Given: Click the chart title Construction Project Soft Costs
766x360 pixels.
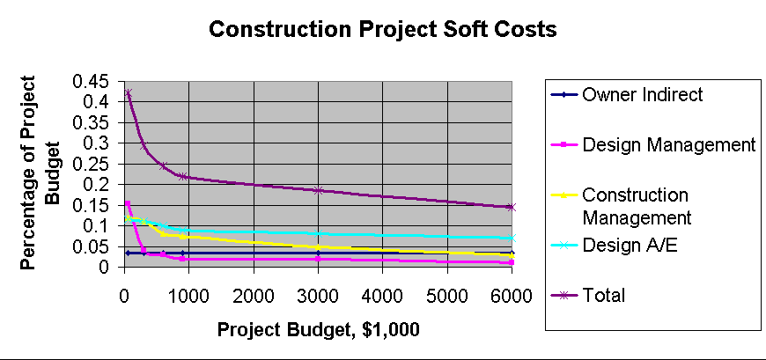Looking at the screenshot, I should coord(383,29).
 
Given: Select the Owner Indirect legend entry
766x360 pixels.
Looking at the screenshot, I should coord(642,95).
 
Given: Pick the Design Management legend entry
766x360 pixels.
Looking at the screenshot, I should coord(668,144).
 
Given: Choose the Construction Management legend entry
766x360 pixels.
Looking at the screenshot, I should coord(636,204).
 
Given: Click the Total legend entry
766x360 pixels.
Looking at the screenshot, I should coord(603,295).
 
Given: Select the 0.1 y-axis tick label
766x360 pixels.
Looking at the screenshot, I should coord(99,225).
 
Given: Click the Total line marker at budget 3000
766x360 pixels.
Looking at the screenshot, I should coord(318,190).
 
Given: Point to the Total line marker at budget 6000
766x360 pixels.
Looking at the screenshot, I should coord(512,207).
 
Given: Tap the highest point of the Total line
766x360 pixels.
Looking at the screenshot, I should coord(128,93).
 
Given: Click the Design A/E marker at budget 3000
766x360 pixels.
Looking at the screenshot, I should coord(318,233).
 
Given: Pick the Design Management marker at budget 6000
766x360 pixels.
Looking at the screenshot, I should coord(512,262).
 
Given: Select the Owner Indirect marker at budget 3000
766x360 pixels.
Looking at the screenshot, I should coord(318,253).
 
